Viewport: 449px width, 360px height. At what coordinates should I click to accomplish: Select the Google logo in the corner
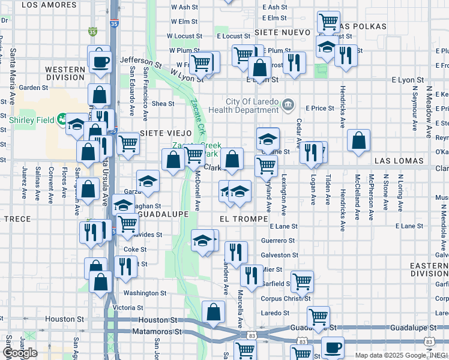[x=20, y=353]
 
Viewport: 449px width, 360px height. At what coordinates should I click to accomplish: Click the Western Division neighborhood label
[x=65, y=73]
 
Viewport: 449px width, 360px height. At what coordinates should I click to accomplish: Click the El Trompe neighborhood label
[x=243, y=220]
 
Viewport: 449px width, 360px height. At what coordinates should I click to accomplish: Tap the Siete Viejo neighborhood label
[x=165, y=133]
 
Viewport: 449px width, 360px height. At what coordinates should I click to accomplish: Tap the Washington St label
[x=145, y=293]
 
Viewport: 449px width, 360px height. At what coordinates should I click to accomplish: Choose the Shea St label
[x=163, y=103]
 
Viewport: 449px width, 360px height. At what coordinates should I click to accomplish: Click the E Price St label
[x=319, y=108]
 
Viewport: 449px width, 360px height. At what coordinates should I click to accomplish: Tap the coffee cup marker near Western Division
[x=101, y=60]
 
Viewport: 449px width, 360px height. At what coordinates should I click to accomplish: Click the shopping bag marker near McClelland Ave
[x=358, y=141]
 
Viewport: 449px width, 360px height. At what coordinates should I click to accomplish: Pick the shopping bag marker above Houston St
[x=214, y=312]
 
